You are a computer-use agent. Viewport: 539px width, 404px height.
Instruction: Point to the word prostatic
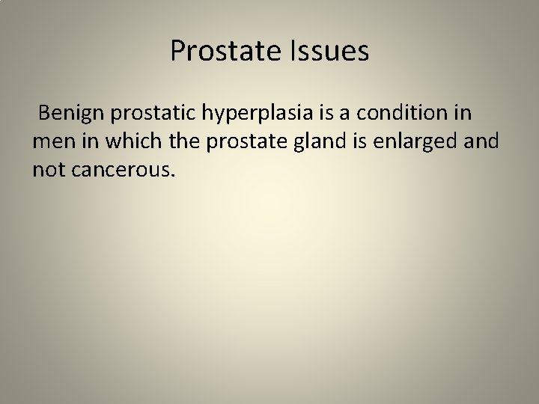tap(153, 114)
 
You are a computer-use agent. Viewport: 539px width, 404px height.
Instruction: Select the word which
tap(125, 142)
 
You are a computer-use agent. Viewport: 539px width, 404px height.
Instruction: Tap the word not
tap(48, 171)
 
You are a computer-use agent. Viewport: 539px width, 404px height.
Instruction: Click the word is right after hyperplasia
tap(334, 114)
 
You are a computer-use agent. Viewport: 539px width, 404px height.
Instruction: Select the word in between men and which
tap(84, 142)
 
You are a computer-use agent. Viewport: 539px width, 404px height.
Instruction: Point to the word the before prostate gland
tap(173, 142)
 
